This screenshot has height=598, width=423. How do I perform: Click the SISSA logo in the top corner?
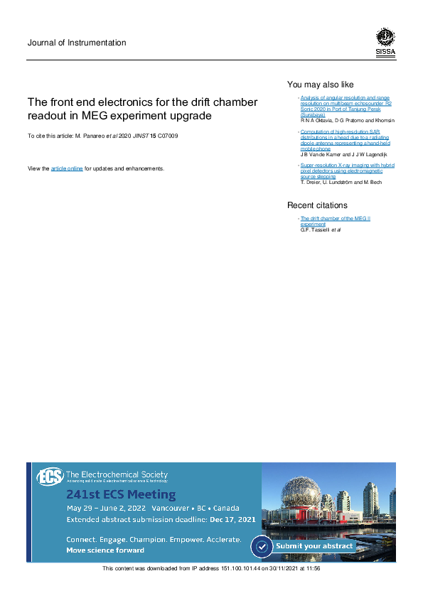pos(385,42)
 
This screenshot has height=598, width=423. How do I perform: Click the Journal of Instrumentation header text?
pos(77,43)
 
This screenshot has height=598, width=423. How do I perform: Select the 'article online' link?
pos(67,168)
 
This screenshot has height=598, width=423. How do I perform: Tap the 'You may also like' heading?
pos(320,84)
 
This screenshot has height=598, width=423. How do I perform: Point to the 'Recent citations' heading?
pos(317,205)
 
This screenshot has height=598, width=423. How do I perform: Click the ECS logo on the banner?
pos(50,477)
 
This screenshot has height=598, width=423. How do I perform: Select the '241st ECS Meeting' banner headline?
pos(121,494)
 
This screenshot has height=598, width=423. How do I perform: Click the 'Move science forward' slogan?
pos(105,550)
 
